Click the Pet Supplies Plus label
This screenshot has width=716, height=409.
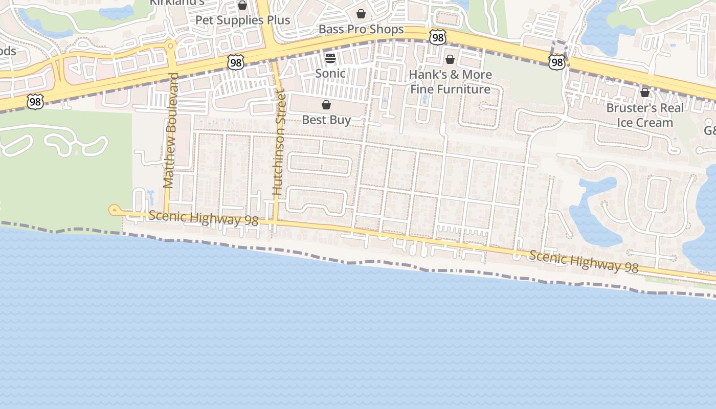coord(243,20)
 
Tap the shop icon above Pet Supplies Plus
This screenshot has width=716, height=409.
coord(242,6)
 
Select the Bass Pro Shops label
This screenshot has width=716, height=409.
coord(361,29)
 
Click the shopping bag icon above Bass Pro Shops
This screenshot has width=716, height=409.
coord(361,14)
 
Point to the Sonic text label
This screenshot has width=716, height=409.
coord(330,73)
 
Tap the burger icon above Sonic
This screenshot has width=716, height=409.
coord(330,58)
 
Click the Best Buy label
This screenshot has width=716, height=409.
coord(326,120)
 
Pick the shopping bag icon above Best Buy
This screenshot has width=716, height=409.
coord(326,105)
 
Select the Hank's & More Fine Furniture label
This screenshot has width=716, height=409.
coord(450,82)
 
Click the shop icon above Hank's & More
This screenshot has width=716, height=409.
coord(450,59)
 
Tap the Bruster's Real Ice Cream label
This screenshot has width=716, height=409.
coord(644,116)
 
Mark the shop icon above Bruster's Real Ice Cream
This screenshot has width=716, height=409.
coord(645,93)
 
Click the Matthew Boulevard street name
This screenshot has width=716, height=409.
coord(170,130)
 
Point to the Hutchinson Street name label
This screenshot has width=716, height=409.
coord(278,143)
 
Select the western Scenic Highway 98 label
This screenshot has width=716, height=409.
coord(204,218)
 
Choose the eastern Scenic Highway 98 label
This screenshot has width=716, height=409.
coord(584,261)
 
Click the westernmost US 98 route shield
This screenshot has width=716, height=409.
coord(35,102)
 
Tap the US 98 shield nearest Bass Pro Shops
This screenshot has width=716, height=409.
coord(438,37)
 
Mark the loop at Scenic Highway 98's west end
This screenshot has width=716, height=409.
coord(114,210)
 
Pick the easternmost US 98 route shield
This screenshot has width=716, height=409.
coord(556,63)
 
